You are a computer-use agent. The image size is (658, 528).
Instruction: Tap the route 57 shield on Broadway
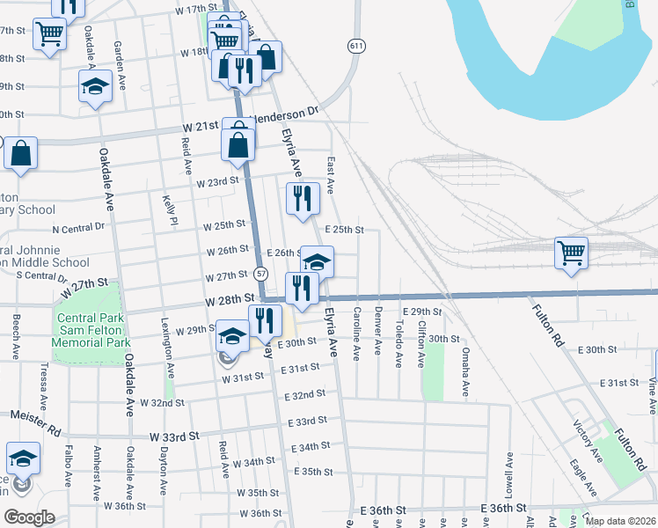261,274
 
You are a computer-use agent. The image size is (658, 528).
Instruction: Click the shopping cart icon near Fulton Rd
572,253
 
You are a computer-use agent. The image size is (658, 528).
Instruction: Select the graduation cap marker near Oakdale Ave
95,87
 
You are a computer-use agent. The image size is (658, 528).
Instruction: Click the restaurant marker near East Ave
303,198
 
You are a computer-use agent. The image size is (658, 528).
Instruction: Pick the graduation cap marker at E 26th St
318,261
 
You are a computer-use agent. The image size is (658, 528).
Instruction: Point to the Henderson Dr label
285,116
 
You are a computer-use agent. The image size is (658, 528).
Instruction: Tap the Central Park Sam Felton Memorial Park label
91,330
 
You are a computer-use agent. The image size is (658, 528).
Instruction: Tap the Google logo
28,517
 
